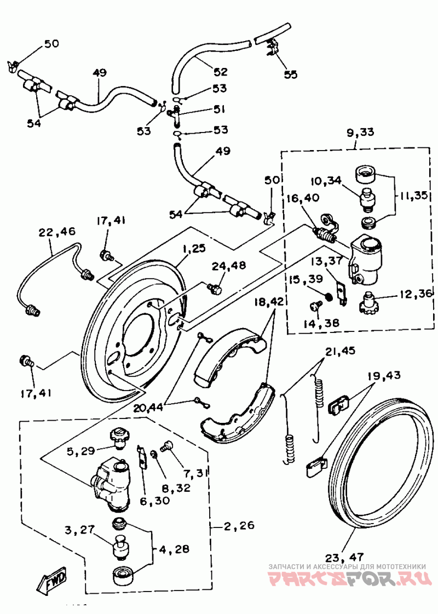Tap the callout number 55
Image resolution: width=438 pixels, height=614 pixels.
(x=291, y=74)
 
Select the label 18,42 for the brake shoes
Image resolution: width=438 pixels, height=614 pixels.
(x=269, y=302)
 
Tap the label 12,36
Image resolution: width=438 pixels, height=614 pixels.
(x=415, y=294)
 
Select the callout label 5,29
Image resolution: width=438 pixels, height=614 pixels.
(x=82, y=451)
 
